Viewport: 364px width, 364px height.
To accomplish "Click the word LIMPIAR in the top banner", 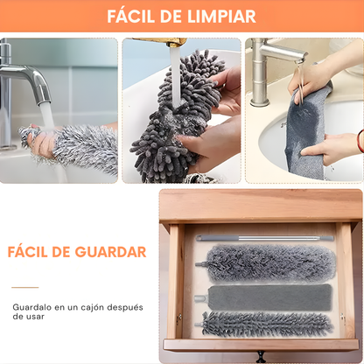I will pos(220,17).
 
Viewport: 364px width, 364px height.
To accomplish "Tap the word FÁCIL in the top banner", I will pos(136,17).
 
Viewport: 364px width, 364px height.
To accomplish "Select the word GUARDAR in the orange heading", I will pos(114,252).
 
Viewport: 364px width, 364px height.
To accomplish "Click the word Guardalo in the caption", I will pos(33,307).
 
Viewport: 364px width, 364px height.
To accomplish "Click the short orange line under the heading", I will pos(25,287).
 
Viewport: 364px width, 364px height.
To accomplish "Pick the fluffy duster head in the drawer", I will pos(267,262).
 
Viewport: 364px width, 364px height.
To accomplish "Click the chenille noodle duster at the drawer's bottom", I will pos(267,325).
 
